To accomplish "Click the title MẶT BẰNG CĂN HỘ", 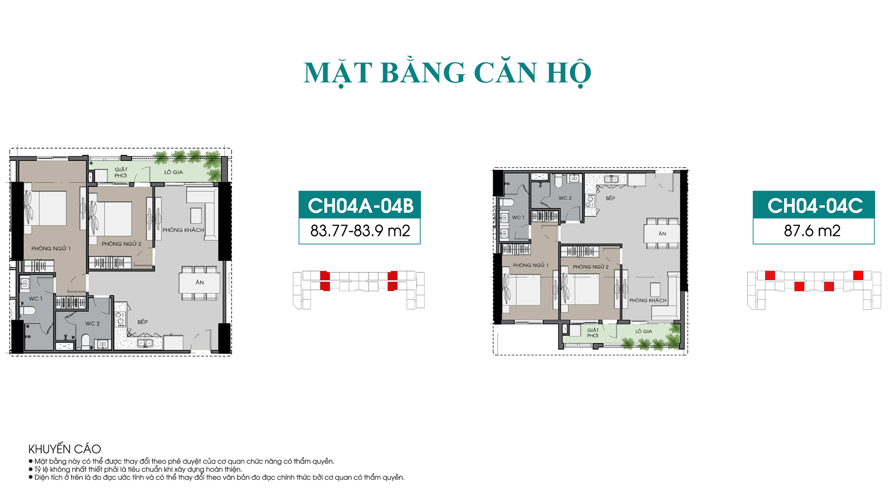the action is [447, 73].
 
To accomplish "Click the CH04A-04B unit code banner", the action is [360, 205].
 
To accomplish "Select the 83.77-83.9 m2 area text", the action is [360, 231].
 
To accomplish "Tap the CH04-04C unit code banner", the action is [814, 205].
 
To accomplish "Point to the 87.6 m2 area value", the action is [812, 231].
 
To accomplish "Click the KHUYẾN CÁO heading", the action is [64, 449].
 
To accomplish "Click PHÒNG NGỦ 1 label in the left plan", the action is [51, 249].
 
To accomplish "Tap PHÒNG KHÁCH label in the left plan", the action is [183, 230].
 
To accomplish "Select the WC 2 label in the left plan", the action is [93, 323].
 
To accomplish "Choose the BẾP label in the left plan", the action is [143, 322].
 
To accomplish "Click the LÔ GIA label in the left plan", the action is [174, 172].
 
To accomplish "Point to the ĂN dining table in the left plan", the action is [200, 283].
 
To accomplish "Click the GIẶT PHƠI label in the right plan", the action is [593, 333].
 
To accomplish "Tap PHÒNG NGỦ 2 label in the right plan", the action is [591, 267].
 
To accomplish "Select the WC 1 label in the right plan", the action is [518, 218].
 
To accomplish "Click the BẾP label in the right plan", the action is [610, 198].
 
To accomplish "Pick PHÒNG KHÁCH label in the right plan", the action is [648, 301].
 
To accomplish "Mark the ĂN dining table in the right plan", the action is [662, 233].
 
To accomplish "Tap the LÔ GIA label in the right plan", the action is [644, 332].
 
